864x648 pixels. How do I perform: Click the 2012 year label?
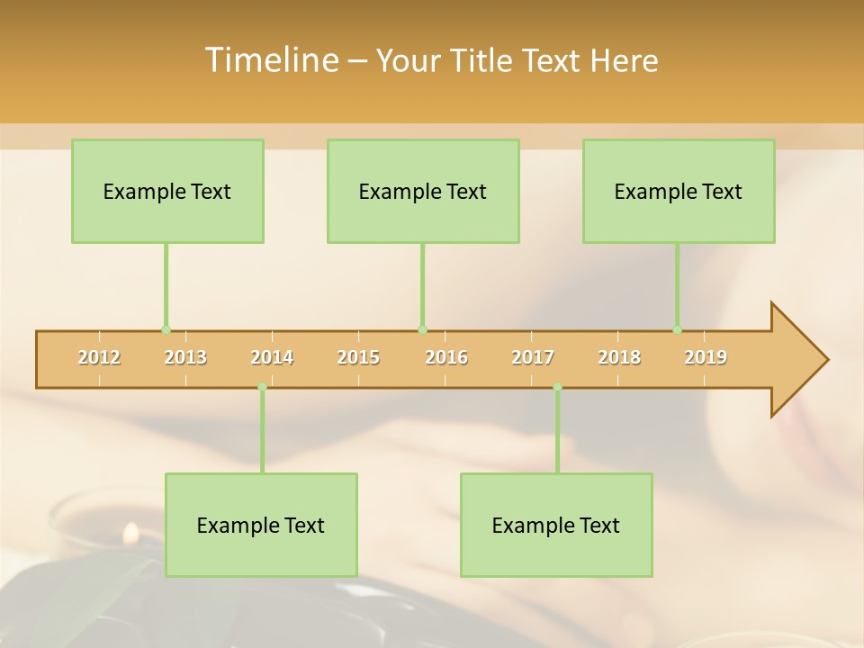pyautogui.click(x=99, y=357)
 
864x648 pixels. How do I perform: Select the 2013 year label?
pyautogui.click(x=185, y=357)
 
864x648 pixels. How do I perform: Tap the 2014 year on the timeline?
pyautogui.click(x=272, y=357)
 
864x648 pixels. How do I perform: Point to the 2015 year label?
pyautogui.click(x=358, y=357)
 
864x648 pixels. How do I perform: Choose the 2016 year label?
pyautogui.click(x=446, y=357)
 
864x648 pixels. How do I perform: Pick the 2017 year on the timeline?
pyautogui.click(x=533, y=357)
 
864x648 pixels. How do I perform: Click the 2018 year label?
pyautogui.click(x=619, y=357)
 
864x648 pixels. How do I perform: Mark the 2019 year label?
pyautogui.click(x=706, y=357)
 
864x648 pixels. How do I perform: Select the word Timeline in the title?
pyautogui.click(x=270, y=60)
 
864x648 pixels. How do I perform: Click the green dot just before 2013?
pyautogui.click(x=166, y=330)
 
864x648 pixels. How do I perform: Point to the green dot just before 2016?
pyautogui.click(x=423, y=330)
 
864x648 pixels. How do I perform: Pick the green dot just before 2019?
pyautogui.click(x=678, y=330)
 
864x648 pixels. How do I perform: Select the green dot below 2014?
pyautogui.click(x=262, y=387)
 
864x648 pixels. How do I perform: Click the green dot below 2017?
pyautogui.click(x=557, y=387)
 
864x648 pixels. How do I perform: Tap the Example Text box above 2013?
pyautogui.click(x=167, y=191)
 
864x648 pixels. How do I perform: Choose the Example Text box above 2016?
pyautogui.click(x=423, y=191)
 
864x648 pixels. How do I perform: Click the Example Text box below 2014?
pyautogui.click(x=261, y=525)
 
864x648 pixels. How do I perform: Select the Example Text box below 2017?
pyautogui.click(x=556, y=525)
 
